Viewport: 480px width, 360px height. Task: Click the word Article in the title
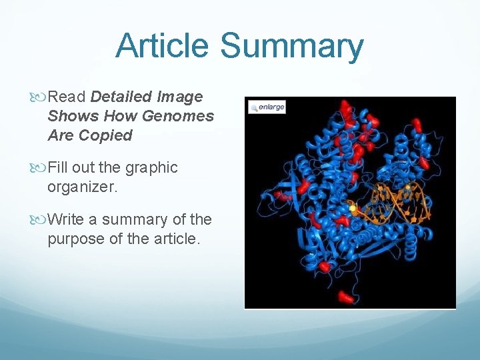[163, 47]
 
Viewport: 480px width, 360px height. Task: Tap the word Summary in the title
[291, 47]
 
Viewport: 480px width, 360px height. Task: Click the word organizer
[82, 187]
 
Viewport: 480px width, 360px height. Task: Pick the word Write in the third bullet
[65, 219]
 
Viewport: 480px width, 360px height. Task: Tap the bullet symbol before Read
[41, 97]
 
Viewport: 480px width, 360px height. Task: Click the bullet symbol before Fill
[41, 168]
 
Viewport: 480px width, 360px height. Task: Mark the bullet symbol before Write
[41, 220]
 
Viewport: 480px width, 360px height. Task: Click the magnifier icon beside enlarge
[254, 107]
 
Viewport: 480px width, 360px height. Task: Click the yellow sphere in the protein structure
[353, 209]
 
